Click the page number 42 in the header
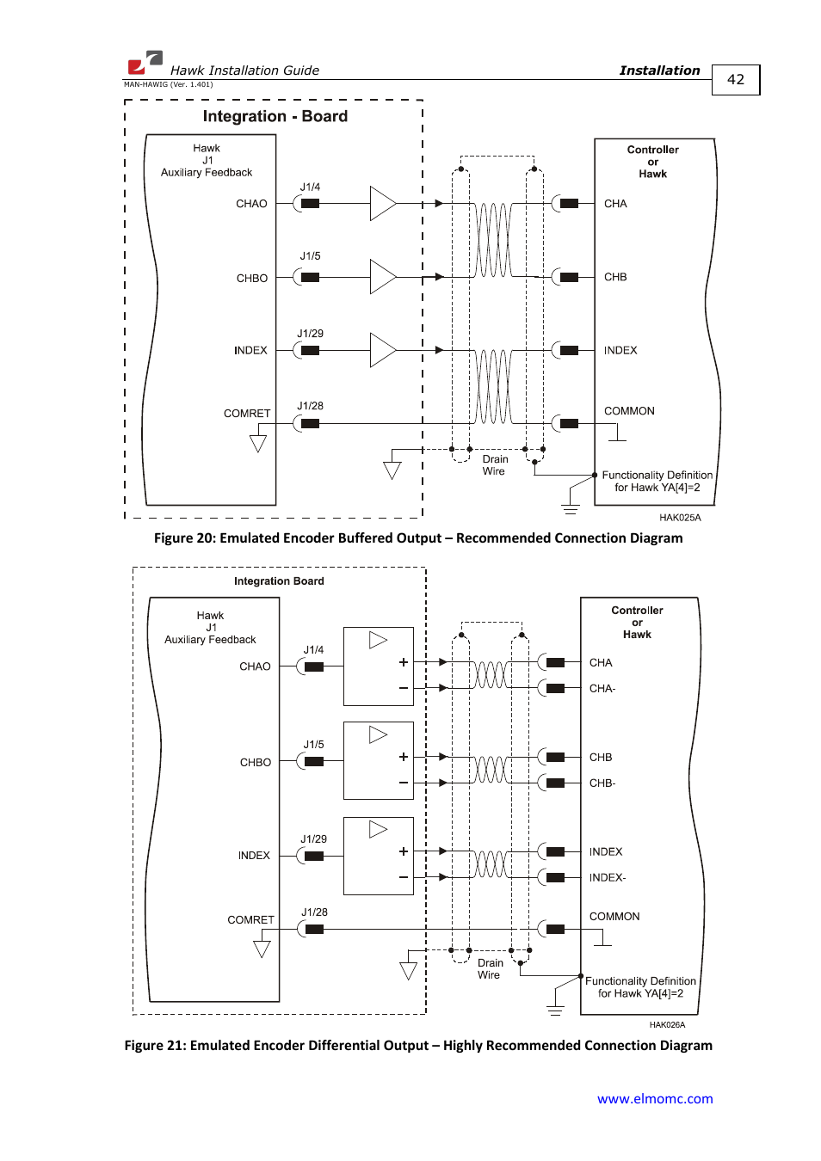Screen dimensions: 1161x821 tap(735, 79)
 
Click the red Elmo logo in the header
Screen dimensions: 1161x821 tap(145, 62)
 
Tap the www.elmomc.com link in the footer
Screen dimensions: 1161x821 tap(655, 1098)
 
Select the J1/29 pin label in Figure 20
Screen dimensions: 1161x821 tap(310, 334)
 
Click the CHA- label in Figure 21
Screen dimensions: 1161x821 tap(602, 689)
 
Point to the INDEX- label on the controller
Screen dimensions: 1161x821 tap(607, 877)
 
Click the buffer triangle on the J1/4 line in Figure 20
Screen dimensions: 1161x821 tap(381, 204)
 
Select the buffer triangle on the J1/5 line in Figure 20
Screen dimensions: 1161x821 tap(381, 277)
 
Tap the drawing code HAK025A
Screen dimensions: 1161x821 tap(680, 518)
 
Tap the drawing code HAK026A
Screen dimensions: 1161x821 tap(667, 1024)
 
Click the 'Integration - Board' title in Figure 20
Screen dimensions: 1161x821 tap(275, 116)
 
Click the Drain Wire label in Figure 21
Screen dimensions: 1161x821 tap(490, 969)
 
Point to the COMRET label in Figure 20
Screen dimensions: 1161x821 tap(247, 414)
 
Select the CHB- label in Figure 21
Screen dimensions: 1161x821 tap(602, 783)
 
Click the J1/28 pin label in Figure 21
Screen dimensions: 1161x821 tap(314, 912)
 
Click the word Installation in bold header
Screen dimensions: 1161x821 tap(659, 71)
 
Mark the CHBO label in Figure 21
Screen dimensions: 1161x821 tap(255, 763)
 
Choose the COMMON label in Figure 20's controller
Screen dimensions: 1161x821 tap(629, 411)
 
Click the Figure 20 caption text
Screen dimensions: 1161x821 tap(418, 538)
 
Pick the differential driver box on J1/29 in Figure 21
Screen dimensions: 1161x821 tap(379, 856)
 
